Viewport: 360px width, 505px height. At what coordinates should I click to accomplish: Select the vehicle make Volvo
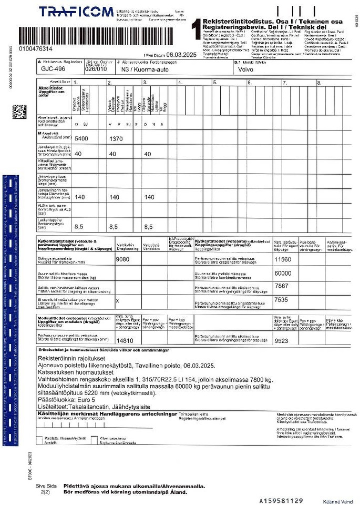[x=246, y=69]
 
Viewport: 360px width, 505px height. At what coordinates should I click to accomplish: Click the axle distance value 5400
[x=83, y=138]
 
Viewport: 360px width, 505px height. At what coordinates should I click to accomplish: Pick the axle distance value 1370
[x=115, y=138]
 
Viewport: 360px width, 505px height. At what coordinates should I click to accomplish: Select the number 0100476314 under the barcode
[x=35, y=48]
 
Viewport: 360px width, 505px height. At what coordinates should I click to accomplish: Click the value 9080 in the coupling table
[x=122, y=259]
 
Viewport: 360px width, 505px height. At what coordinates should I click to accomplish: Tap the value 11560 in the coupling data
[x=283, y=259]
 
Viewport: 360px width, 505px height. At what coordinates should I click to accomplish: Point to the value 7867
[x=282, y=286]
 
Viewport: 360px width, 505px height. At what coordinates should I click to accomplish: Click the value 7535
[x=282, y=299]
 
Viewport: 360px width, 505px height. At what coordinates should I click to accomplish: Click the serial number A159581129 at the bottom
[x=281, y=500]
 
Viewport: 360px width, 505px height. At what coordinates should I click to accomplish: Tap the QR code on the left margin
[x=19, y=112]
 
